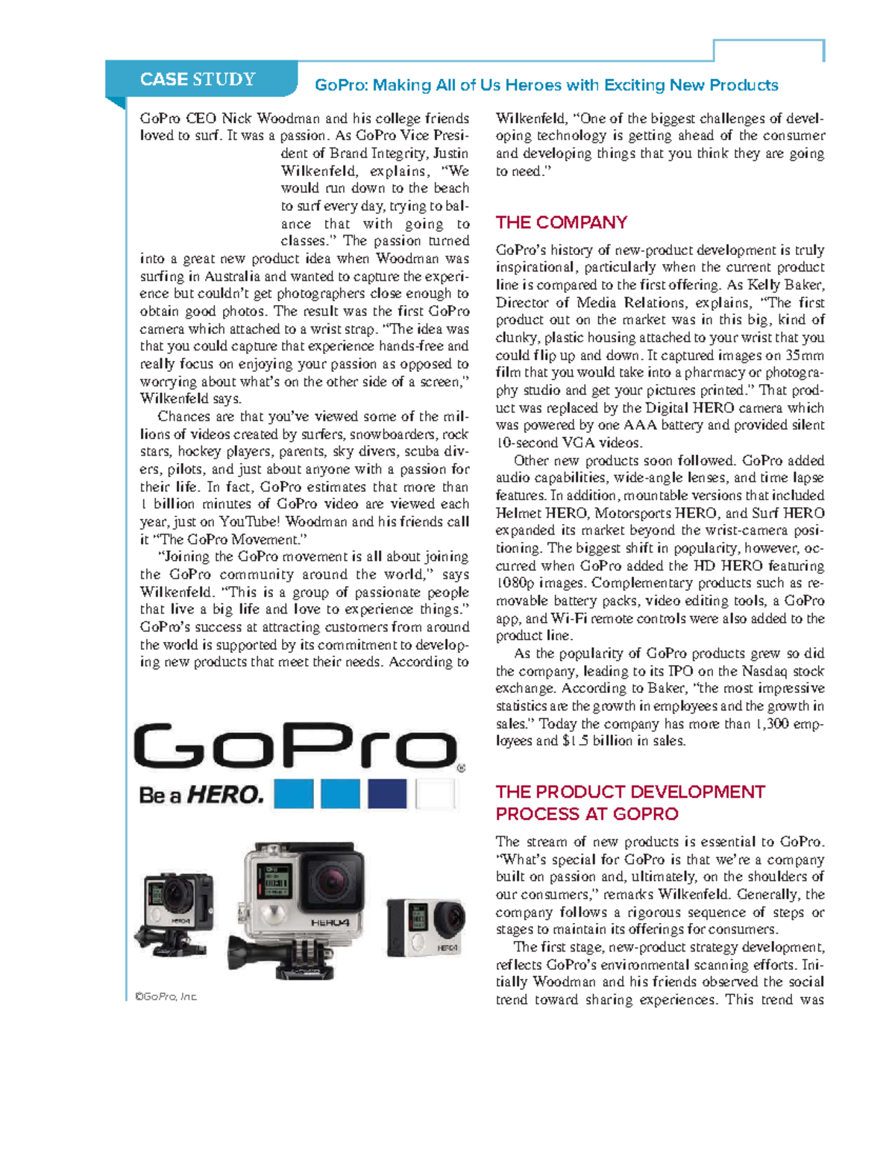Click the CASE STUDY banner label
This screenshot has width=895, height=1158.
pos(198,80)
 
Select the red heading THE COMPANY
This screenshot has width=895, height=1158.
pos(561,222)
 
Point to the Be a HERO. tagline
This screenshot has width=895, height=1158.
pos(201,795)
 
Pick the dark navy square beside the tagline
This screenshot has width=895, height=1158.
pos(387,794)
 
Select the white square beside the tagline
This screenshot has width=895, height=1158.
pos(435,794)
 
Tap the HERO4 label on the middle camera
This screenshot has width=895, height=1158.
pos(330,922)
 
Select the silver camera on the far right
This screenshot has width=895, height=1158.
pos(425,926)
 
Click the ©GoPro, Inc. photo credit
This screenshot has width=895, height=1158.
pos(166,997)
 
